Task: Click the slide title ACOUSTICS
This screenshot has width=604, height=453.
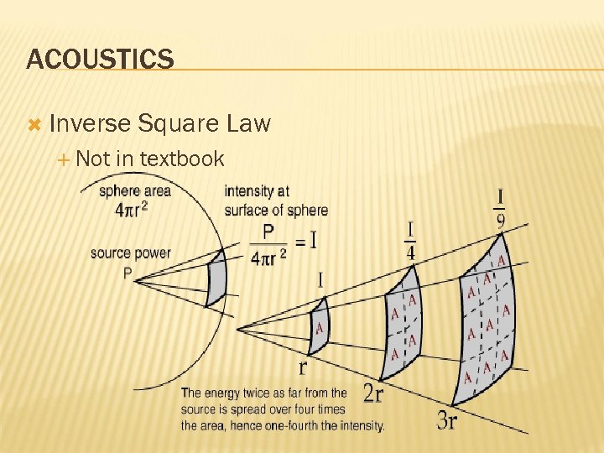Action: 100,60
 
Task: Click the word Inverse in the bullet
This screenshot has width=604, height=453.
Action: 90,124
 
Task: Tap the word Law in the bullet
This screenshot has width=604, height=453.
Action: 249,124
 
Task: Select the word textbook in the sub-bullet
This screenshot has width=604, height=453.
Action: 182,159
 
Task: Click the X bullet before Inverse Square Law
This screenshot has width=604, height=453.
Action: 34,125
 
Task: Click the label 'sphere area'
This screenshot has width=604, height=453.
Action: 134,190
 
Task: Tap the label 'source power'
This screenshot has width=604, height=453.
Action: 130,253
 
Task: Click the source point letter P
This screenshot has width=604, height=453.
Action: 127,273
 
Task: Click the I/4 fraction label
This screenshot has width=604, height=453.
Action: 411,242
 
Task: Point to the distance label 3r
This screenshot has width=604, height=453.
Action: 447,420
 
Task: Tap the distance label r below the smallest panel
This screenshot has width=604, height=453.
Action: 303,367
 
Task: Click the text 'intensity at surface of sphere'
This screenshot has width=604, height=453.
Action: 275,200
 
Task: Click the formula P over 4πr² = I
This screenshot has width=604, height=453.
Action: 281,243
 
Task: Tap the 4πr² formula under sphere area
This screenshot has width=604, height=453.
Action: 131,209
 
